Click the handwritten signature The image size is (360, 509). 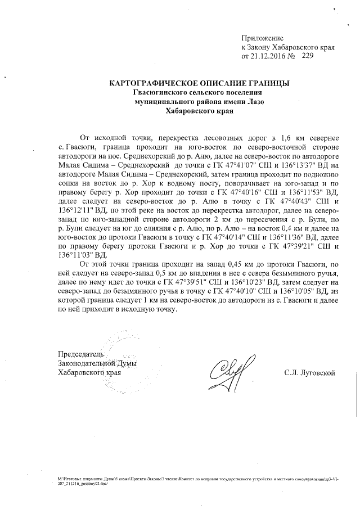(x=226, y=372)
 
